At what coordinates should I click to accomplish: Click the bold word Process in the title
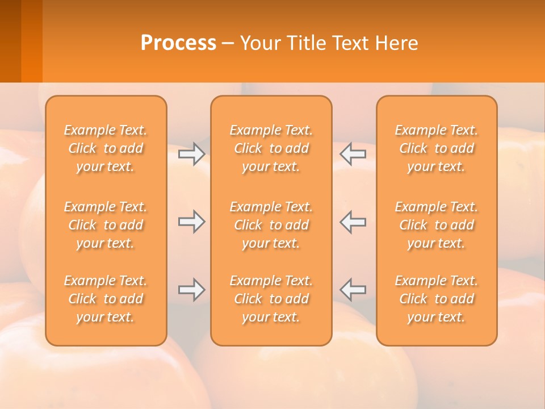pos(178,43)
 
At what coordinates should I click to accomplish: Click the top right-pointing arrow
pos(191,154)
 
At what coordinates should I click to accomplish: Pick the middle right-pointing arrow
pos(191,222)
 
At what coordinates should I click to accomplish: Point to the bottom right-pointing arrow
pos(191,290)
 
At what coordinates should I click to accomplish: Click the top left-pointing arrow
pos(353,154)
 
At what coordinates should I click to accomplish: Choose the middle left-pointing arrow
pos(353,222)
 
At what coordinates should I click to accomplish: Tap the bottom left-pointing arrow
pos(353,290)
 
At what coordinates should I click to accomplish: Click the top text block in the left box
pos(106,148)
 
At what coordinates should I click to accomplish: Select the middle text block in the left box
pos(106,225)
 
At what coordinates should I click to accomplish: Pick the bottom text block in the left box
pos(106,299)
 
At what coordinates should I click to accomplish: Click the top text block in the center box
pos(271,148)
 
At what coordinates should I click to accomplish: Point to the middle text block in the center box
pos(271,225)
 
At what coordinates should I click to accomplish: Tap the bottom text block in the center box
pos(271,299)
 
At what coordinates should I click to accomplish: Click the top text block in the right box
pos(437,148)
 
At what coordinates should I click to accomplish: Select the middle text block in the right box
pos(437,225)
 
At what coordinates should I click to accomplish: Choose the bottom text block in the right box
pos(437,299)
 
